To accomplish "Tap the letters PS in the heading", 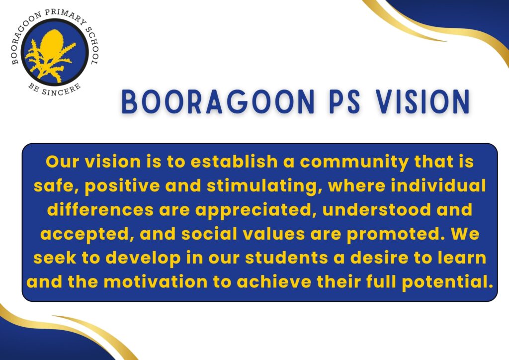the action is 344,101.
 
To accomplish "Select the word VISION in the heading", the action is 423,101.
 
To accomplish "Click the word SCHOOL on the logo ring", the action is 92,42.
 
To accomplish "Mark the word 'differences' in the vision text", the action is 100,209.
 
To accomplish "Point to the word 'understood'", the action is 377,209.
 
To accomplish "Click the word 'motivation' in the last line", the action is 156,281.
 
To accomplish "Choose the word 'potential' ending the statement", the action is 445,282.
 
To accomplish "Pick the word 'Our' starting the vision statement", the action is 62,161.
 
